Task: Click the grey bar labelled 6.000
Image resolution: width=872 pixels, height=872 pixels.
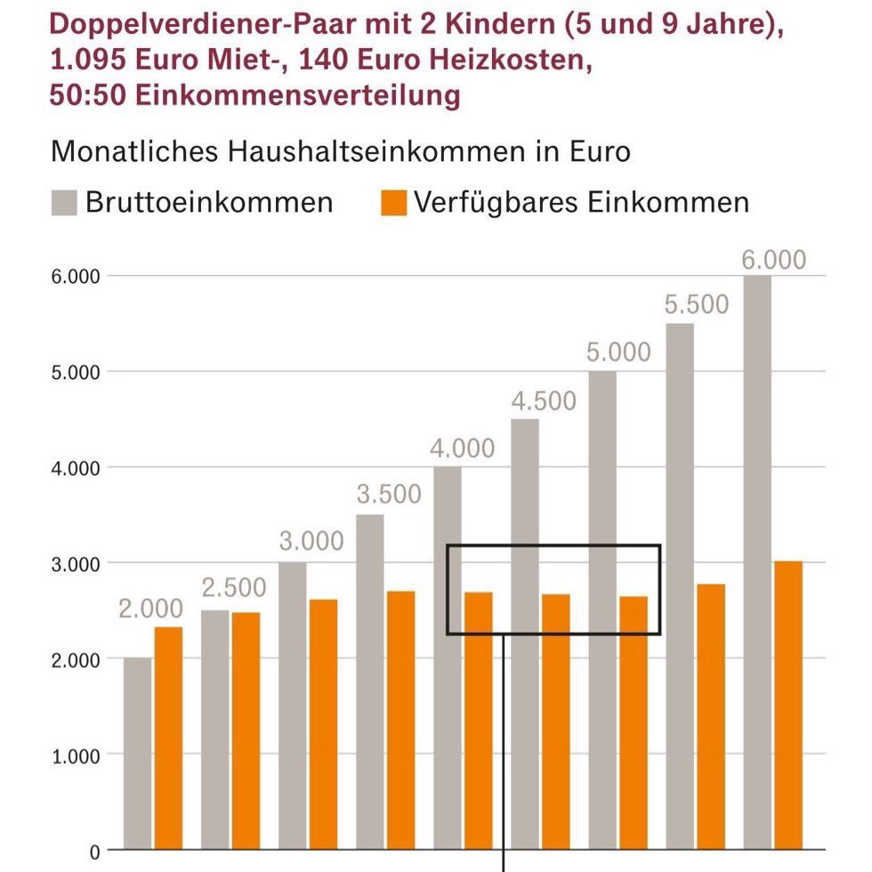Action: click(x=757, y=561)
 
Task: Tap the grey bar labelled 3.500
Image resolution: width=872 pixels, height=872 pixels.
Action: click(x=370, y=681)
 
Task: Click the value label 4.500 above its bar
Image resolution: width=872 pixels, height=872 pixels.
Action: click(x=543, y=401)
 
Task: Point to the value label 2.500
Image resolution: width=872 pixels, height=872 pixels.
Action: click(x=233, y=589)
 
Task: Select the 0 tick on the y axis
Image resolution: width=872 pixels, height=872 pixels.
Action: click(x=94, y=850)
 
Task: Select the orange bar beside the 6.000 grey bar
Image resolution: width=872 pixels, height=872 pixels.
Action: click(x=787, y=704)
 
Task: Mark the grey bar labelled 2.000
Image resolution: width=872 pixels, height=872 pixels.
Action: click(x=138, y=753)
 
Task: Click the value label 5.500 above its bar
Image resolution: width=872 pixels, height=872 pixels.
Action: click(x=696, y=305)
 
